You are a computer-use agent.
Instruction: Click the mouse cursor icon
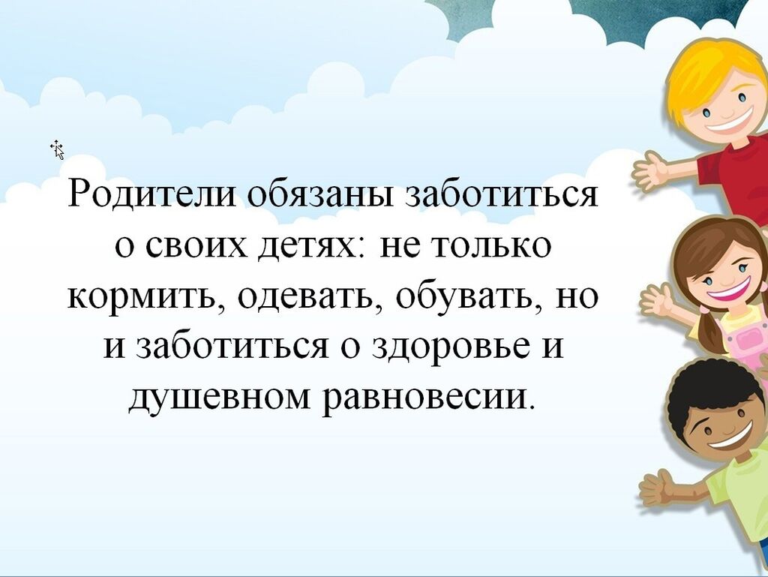click(57, 149)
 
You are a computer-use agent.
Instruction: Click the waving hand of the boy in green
click(658, 490)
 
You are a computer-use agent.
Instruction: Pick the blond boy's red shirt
click(735, 176)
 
